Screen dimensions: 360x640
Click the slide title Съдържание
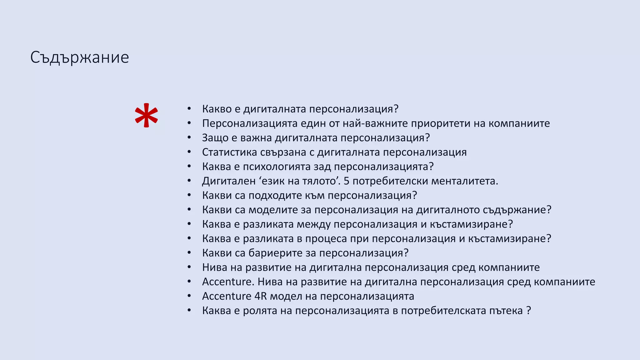coord(80,57)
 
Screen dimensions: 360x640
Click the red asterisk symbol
coord(146,115)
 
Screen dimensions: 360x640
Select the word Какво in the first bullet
coord(217,109)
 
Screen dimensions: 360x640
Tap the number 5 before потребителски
coord(346,181)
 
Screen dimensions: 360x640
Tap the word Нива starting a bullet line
coord(214,267)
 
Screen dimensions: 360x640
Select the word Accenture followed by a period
coord(227,282)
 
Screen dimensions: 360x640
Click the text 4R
coord(261,296)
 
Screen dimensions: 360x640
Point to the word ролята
coord(260,311)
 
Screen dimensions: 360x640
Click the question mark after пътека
coord(528,311)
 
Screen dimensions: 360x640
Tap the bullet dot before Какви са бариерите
coord(189,253)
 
